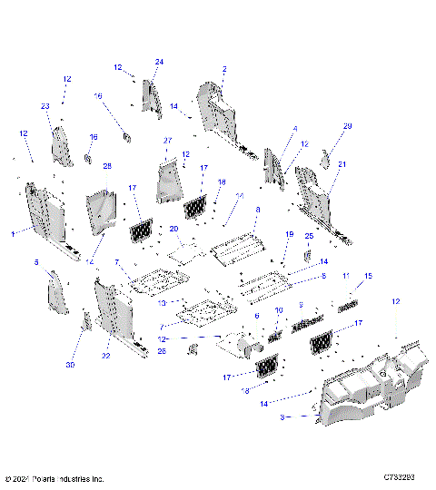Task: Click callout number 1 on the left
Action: pyautogui.click(x=12, y=233)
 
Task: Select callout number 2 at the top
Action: pyautogui.click(x=224, y=69)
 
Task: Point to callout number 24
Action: pyautogui.click(x=158, y=62)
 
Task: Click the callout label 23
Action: pyautogui.click(x=45, y=106)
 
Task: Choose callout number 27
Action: pyautogui.click(x=167, y=141)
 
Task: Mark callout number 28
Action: pyautogui.click(x=106, y=166)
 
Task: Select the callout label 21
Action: pyautogui.click(x=342, y=163)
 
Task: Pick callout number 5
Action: pyautogui.click(x=36, y=262)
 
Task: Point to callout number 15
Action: pyautogui.click(x=368, y=276)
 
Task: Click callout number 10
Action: pyautogui.click(x=280, y=310)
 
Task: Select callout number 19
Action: pyautogui.click(x=290, y=235)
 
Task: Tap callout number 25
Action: pyautogui.click(x=309, y=236)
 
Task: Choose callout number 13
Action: pyautogui.click(x=162, y=302)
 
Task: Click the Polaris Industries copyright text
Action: pyautogui.click(x=54, y=478)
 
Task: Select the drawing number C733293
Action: pyautogui.click(x=400, y=477)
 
